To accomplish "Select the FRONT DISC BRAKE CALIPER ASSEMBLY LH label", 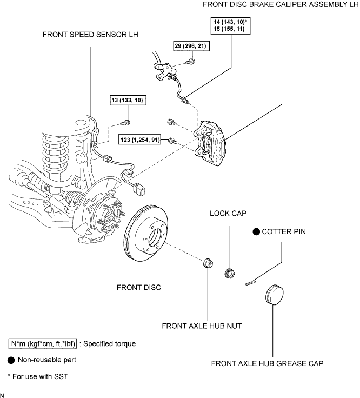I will (280, 4).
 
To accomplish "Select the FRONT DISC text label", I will (139, 287).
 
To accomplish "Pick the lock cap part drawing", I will (230, 270).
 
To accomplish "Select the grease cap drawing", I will (274, 296).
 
